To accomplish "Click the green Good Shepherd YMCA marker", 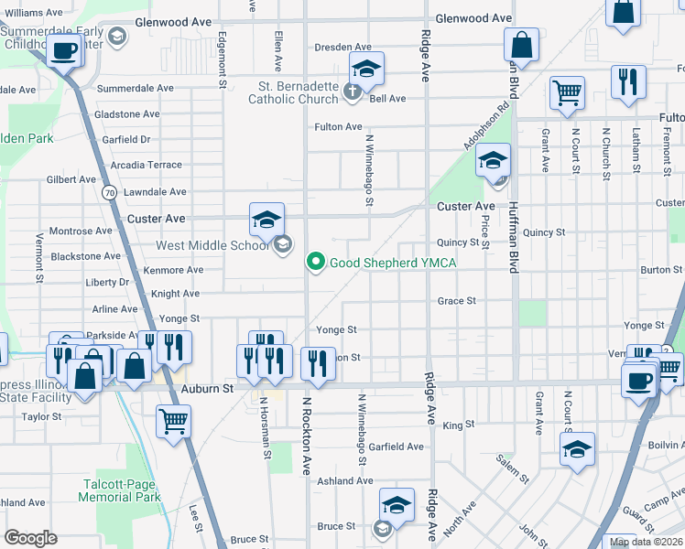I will [317, 263].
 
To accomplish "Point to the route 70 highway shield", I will [109, 192].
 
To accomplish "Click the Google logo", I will [30, 538].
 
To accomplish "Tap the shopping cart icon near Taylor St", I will [172, 421].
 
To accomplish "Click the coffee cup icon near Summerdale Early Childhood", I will [64, 51].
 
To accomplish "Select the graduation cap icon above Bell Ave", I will [365, 70].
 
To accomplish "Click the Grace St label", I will [456, 301].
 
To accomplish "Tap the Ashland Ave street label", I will [345, 480].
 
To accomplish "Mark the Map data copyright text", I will [647, 542].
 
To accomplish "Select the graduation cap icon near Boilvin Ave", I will [576, 449].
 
